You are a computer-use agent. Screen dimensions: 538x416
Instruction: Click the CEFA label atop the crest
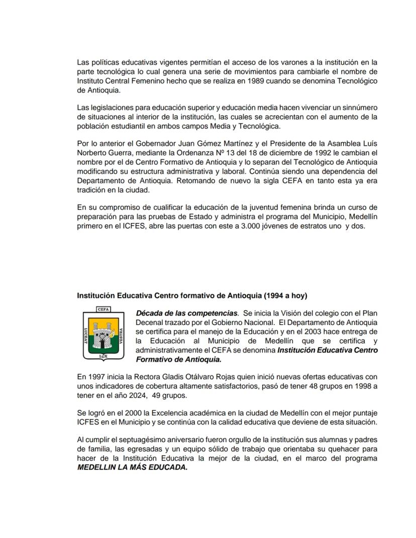pyautogui.click(x=103, y=310)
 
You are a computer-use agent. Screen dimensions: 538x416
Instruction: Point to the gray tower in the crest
pyautogui.click(x=103, y=332)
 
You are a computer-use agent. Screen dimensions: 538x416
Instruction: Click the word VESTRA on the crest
pyautogui.click(x=122, y=333)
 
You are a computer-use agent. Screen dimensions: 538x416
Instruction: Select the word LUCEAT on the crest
pyautogui.click(x=86, y=333)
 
